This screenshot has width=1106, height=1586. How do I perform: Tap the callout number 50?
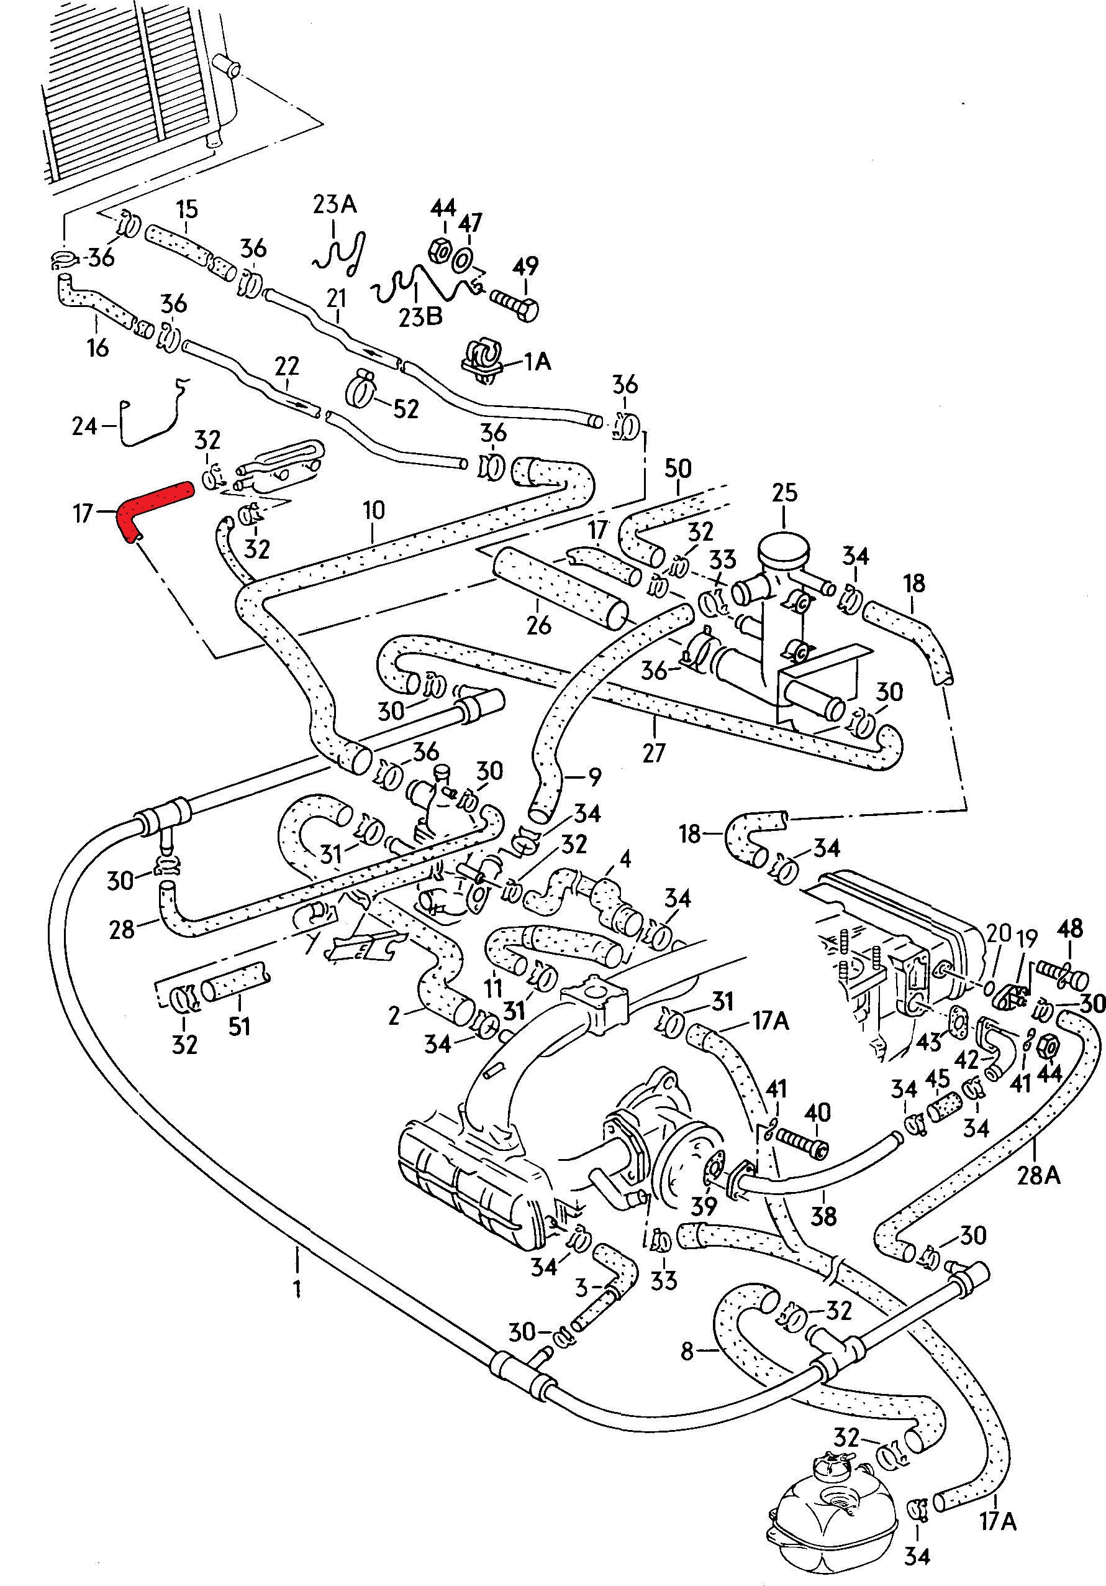(678, 469)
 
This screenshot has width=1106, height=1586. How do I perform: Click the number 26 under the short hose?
(538, 625)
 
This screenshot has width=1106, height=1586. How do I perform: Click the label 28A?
(1038, 1175)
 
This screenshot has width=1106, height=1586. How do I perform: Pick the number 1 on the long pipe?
(297, 1288)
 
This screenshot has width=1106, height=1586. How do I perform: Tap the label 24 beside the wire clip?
(85, 426)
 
